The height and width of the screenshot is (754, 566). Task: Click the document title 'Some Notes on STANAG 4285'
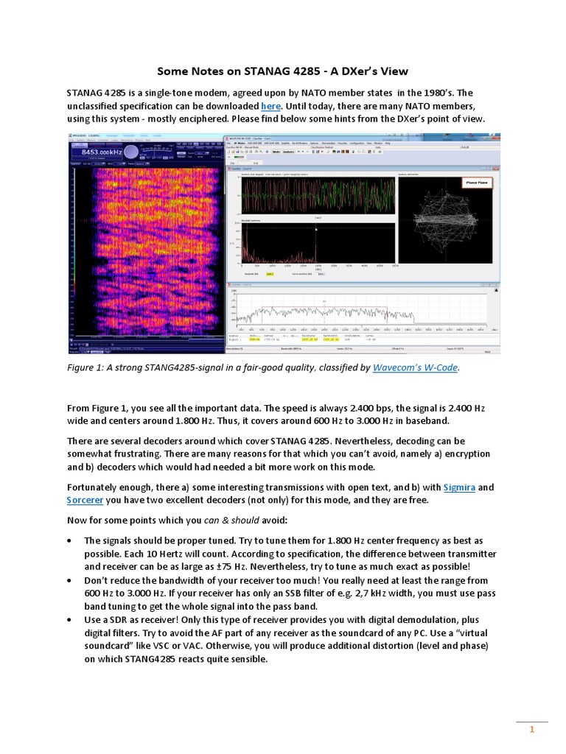[282, 71]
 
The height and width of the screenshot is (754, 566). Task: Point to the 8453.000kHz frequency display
[96, 151]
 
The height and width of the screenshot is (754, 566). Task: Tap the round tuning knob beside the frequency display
[131, 151]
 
